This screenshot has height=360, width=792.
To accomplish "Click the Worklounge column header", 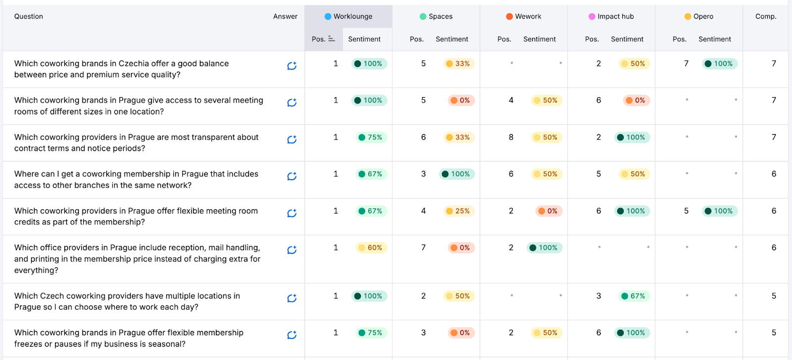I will (x=348, y=16).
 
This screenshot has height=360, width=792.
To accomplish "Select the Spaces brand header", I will (x=436, y=16).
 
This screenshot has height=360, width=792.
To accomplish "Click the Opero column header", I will (x=699, y=16).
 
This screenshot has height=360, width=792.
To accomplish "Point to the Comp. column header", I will (x=765, y=16).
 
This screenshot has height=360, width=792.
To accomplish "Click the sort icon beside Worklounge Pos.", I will (x=332, y=39).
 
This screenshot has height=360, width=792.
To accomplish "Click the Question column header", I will (x=29, y=16).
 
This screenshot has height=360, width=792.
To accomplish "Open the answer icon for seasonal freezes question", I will (x=292, y=335).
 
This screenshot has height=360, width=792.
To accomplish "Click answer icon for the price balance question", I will (x=292, y=66).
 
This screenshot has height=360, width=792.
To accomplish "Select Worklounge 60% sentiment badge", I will (x=371, y=248).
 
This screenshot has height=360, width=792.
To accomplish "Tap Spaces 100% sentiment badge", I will (x=456, y=174).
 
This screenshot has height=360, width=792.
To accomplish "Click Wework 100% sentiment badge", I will (x=544, y=248).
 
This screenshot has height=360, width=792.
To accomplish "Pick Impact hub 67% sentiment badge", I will (x=634, y=296).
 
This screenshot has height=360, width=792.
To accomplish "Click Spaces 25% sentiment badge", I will (x=458, y=211).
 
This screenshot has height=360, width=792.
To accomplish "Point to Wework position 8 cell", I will (x=511, y=137).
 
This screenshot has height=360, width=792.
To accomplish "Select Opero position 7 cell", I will (x=686, y=63).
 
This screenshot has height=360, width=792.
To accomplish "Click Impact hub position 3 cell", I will (x=598, y=296).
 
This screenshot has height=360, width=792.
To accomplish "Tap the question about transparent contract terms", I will (x=136, y=143).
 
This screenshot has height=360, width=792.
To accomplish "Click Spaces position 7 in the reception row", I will (x=423, y=248).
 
